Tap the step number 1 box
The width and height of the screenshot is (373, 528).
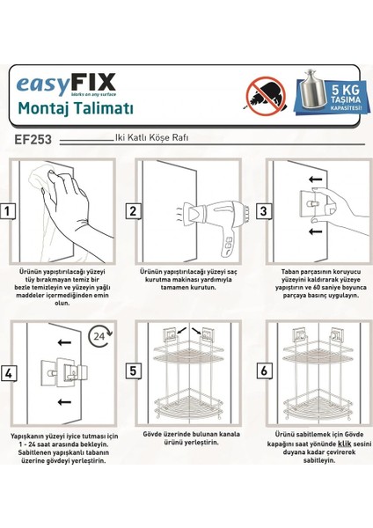click(9, 211)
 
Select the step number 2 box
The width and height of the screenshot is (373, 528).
click(134, 211)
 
